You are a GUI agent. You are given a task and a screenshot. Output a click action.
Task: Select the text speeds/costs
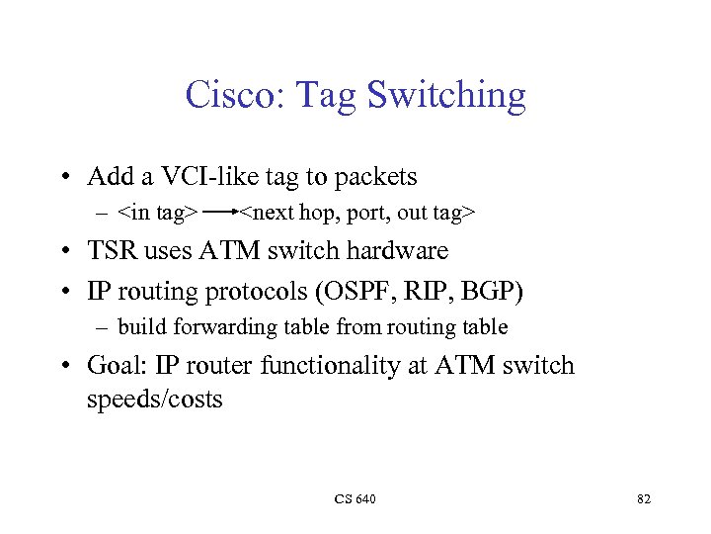point(155,400)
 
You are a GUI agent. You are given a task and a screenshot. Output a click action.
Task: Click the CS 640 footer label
point(355,499)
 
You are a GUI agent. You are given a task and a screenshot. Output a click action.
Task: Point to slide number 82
point(644,499)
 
